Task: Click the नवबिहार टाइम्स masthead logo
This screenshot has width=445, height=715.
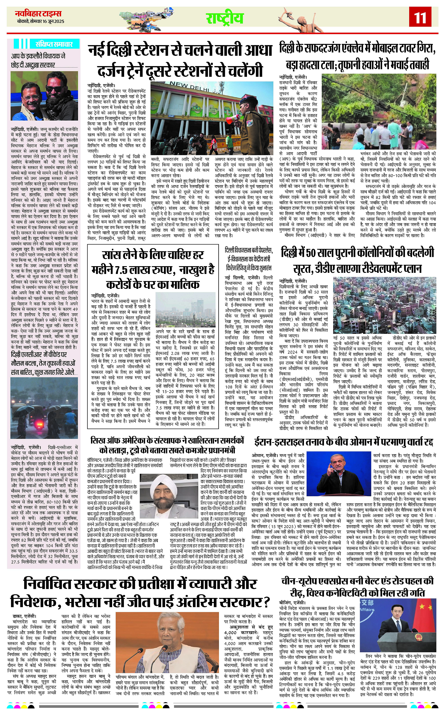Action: [x=38, y=14]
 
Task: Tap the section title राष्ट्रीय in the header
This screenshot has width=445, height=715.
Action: [x=225, y=18]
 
